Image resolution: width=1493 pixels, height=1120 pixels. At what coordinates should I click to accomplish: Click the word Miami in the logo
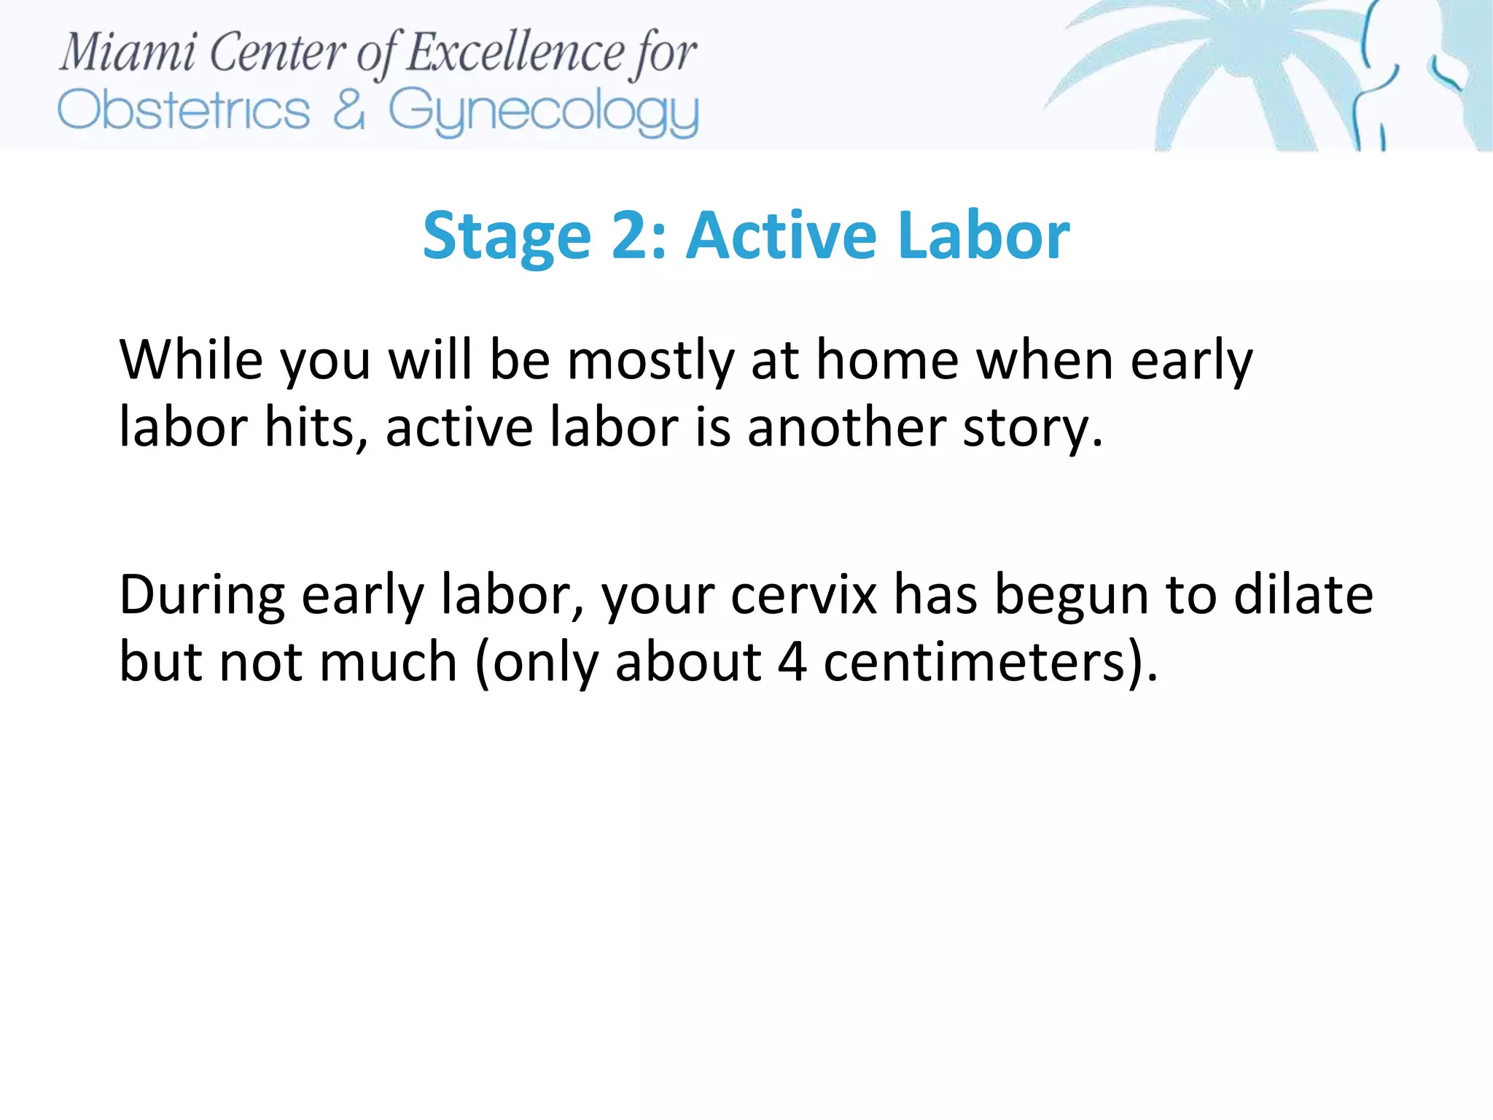128,52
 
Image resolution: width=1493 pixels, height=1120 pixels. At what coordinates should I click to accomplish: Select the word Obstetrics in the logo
184,111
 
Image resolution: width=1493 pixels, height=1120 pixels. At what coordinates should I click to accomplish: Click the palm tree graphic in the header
1239,73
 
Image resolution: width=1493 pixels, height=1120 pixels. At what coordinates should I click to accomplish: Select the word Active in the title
781,235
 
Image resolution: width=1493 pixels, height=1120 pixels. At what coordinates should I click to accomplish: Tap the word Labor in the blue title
983,235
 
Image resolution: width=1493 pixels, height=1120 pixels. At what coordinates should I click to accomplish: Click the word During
201,596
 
